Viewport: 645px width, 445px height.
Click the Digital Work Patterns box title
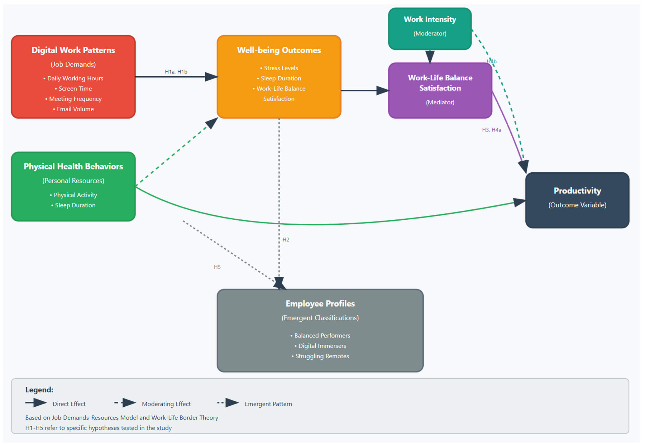tap(73, 50)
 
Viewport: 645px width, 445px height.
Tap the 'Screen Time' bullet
tap(74, 89)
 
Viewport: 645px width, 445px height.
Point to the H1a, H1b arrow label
tap(176, 72)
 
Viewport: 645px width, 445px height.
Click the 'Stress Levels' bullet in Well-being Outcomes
tap(279, 68)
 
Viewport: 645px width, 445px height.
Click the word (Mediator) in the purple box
tap(440, 102)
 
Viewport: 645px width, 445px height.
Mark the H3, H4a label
tap(491, 130)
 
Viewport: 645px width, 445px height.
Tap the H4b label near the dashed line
tap(492, 61)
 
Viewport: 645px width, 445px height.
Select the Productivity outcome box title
tap(577, 191)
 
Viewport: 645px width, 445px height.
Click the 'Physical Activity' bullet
tap(74, 195)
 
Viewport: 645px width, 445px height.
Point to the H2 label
tap(286, 240)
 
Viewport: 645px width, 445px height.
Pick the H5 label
tap(217, 267)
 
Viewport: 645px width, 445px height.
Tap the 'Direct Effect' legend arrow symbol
tap(36, 403)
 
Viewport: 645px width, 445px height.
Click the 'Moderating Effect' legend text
tap(166, 404)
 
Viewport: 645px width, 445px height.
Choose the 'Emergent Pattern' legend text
tap(268, 404)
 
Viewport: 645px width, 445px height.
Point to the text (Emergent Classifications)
tap(320, 318)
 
